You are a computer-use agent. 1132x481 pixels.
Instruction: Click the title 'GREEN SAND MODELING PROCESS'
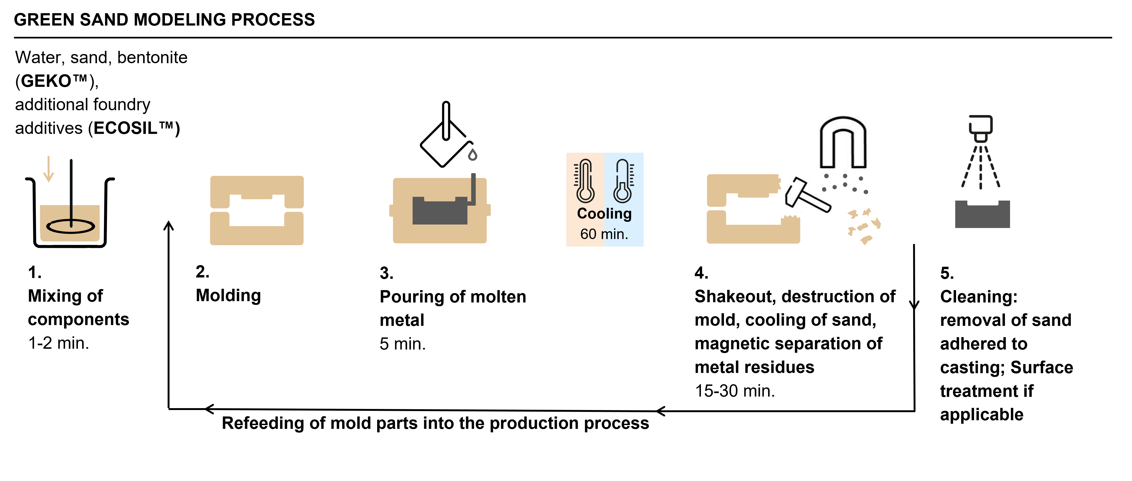click(164, 20)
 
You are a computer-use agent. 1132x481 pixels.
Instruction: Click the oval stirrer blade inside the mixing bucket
click(70, 226)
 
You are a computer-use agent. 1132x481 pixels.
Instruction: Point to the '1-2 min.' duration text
click(59, 343)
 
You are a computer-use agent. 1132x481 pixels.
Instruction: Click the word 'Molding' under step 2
click(228, 295)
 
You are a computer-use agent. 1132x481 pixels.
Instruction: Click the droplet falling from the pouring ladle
click(473, 155)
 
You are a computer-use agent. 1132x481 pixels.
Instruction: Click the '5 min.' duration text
click(402, 344)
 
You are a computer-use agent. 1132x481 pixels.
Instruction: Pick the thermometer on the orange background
click(585, 181)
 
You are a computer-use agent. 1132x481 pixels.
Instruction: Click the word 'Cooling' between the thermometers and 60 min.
click(604, 214)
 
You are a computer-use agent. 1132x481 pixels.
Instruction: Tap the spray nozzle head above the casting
click(980, 127)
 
